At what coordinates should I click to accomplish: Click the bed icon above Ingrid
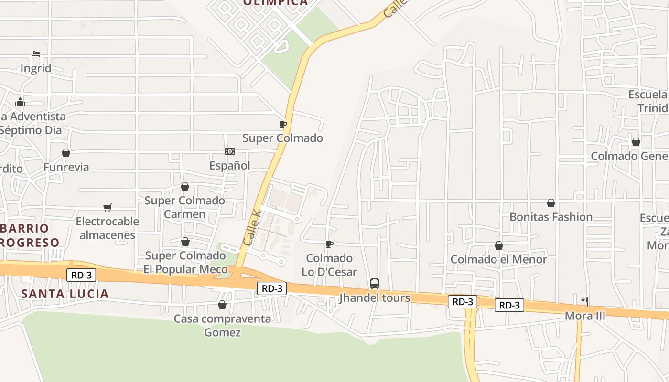pos(36,54)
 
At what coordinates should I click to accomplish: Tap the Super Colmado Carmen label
pos(184,207)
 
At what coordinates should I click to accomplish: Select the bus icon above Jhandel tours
pos(375,284)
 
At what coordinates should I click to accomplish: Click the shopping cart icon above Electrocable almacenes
pos(108,207)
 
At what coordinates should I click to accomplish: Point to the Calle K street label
pos(253,229)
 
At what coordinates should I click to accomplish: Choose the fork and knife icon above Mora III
pos(584,301)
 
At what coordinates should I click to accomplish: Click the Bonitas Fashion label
pos(551,217)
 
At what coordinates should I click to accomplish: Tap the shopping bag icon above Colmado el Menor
pos(499,245)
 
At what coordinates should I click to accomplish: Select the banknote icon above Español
pos(230,151)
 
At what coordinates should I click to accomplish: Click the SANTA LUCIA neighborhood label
pos(65,294)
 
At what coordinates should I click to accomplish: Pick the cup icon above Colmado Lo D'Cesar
pos(329,244)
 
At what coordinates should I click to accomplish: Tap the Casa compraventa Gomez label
pos(222,325)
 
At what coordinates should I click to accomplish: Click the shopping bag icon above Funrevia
pos(66,153)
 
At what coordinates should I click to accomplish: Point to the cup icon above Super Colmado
pos(283,124)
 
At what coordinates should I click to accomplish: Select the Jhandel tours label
pos(375,298)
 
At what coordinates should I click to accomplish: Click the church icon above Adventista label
pos(20,102)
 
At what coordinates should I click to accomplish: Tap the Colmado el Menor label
pos(499,259)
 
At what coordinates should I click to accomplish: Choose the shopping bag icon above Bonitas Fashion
pos(551,203)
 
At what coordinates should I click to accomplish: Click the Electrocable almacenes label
pos(108,228)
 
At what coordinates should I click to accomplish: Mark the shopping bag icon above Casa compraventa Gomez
pos(222,305)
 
